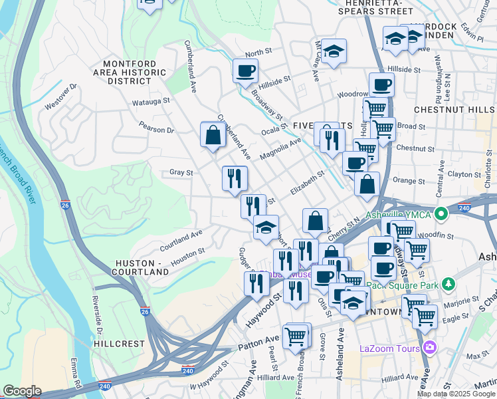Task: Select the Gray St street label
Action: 181,172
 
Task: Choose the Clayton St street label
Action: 464,174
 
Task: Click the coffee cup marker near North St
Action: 245,70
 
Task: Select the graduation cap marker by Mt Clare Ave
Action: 334,50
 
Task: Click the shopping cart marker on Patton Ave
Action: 296,334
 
